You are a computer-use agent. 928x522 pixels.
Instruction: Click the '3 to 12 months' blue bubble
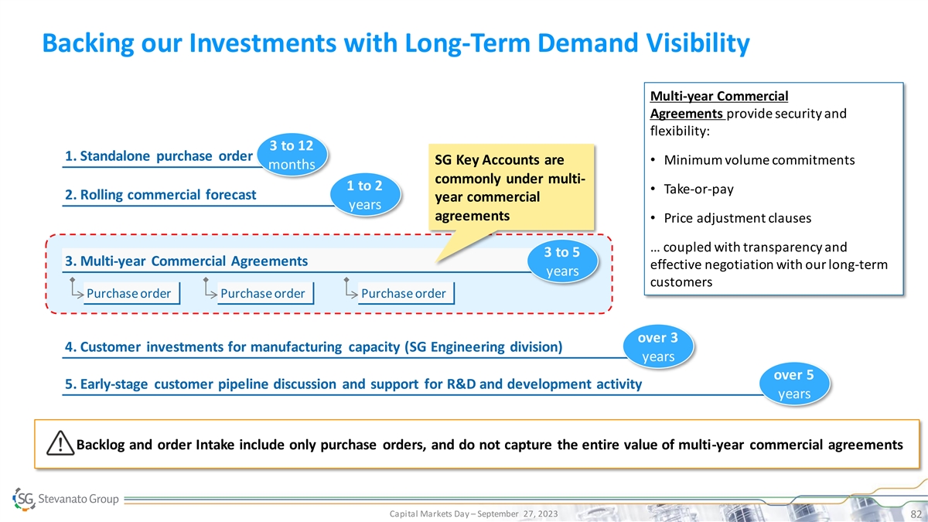[x=292, y=155]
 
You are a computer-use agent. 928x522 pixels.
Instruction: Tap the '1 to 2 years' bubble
[x=365, y=195]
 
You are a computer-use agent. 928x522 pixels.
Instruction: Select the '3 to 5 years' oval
[x=562, y=261]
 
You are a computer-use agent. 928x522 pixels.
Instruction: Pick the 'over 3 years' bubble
[x=658, y=346]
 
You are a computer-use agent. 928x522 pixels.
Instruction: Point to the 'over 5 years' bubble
[x=794, y=384]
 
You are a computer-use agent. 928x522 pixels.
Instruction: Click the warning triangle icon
[x=60, y=443]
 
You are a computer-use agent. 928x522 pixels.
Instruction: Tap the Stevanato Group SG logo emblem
[x=24, y=499]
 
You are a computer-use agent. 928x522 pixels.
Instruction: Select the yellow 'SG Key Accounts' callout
[x=511, y=187]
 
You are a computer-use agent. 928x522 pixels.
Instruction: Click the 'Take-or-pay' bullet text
[x=698, y=189]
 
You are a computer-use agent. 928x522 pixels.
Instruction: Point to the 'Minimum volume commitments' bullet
[x=759, y=160]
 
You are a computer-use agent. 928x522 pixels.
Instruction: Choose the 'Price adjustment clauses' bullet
[x=738, y=218]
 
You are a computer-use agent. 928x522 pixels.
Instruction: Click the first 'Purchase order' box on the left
[x=131, y=293]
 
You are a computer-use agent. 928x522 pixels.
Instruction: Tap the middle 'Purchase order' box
[x=265, y=293]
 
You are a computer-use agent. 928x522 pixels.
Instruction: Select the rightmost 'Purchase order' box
[x=406, y=293]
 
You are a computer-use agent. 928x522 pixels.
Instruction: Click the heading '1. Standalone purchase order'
[x=159, y=156]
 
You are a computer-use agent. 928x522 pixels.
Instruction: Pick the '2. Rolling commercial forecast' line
[x=160, y=195]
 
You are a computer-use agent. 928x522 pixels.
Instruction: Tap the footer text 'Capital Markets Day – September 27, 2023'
[x=473, y=513]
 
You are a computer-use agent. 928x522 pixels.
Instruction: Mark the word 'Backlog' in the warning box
[x=100, y=445]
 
